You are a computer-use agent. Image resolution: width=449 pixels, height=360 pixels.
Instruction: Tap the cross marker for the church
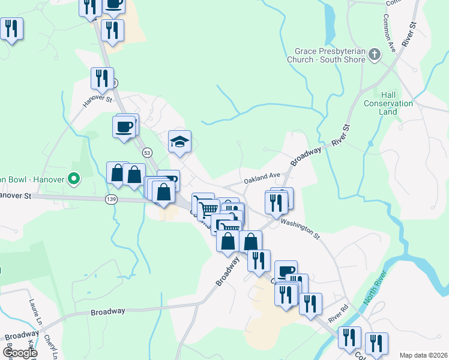pyautogui.click(x=375, y=55)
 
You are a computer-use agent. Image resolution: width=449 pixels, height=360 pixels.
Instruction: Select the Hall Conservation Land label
pyautogui.click(x=388, y=103)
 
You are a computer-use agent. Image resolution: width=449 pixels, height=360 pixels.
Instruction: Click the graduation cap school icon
pyautogui.click(x=179, y=142)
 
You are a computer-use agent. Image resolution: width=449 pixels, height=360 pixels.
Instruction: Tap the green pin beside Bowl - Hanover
pyautogui.click(x=74, y=178)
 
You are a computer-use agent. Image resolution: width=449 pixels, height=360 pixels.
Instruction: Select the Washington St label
pyautogui.click(x=300, y=229)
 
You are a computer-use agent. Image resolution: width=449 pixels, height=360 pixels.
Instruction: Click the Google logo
pyautogui.click(x=19, y=353)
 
